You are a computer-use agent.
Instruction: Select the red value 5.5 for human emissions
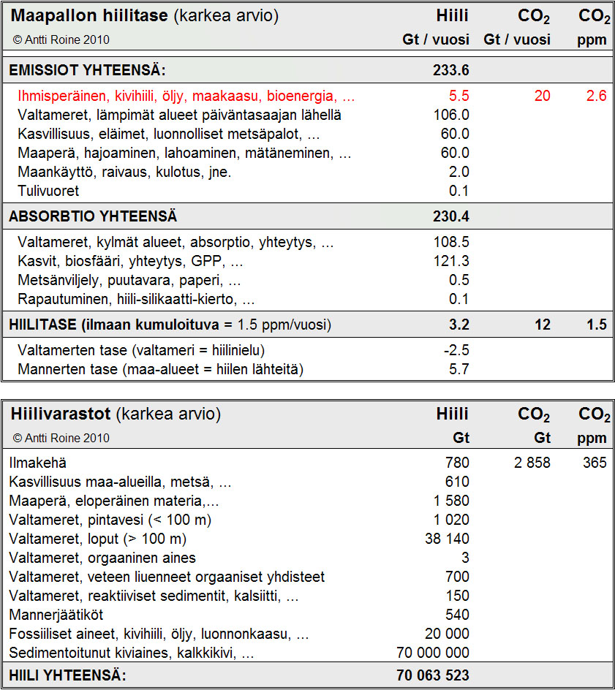[x=459, y=96]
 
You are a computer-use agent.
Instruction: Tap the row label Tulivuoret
[x=48, y=192]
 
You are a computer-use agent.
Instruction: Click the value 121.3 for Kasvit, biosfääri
[x=451, y=262]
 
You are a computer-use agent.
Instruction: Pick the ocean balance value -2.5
[x=456, y=351]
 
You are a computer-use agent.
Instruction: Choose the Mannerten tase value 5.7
[x=459, y=370]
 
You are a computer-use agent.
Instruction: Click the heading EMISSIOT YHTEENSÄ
[x=87, y=71]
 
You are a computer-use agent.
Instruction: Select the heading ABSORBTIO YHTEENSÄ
[x=93, y=217]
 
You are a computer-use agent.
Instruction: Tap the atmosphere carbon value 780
[x=457, y=463]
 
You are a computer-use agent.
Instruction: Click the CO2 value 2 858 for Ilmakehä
[x=532, y=463]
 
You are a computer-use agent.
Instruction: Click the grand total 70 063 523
[x=433, y=675]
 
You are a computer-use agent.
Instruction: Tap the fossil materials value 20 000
[x=447, y=634]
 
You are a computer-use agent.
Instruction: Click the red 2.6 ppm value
[x=597, y=96]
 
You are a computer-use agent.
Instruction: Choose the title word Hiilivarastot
[x=61, y=414]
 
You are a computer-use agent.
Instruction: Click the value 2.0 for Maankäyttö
[x=459, y=172]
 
